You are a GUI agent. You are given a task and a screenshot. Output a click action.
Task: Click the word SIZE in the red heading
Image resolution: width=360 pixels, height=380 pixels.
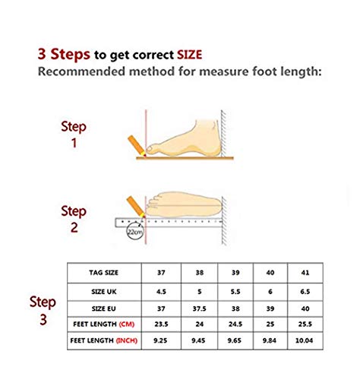click(x=189, y=55)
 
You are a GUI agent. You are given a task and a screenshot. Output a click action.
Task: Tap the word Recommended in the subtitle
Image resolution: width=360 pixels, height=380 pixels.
click(x=81, y=71)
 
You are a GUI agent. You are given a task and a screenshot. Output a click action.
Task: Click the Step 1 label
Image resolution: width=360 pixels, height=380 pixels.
click(x=74, y=135)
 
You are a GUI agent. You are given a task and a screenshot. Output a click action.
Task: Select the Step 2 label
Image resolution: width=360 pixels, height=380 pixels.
click(x=74, y=219)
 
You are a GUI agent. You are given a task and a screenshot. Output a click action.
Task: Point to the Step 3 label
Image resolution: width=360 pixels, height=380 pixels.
click(x=43, y=310)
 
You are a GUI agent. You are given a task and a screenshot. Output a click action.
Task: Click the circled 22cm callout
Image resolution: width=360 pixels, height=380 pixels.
click(x=135, y=231)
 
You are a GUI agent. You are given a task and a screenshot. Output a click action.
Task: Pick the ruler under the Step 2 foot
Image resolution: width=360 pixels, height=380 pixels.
click(x=169, y=223)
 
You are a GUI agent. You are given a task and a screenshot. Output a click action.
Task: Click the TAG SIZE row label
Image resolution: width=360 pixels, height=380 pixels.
click(x=103, y=273)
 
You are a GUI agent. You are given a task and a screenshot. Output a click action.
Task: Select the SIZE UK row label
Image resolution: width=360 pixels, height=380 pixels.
click(x=104, y=292)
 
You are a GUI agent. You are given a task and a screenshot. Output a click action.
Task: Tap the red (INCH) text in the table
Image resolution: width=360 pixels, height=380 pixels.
click(x=127, y=340)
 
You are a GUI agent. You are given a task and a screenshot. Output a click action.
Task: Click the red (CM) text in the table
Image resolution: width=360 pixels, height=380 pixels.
click(x=127, y=324)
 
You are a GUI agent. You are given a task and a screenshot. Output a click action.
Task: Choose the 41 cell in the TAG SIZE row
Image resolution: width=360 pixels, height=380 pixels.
click(x=305, y=273)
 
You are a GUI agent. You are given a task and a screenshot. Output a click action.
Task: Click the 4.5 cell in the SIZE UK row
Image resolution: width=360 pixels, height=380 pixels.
click(x=161, y=292)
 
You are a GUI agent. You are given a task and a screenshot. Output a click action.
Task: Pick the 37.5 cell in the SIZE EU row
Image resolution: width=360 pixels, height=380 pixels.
click(x=199, y=309)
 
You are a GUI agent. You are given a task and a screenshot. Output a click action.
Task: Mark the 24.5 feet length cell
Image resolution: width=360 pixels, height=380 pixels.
click(x=235, y=324)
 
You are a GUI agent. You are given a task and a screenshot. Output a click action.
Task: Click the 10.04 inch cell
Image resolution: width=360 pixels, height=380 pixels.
click(x=305, y=340)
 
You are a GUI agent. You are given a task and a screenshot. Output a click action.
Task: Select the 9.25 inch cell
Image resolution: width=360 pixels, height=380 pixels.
click(x=160, y=340)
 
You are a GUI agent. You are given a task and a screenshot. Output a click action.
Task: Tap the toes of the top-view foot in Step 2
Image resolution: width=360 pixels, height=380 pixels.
click(x=153, y=204)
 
